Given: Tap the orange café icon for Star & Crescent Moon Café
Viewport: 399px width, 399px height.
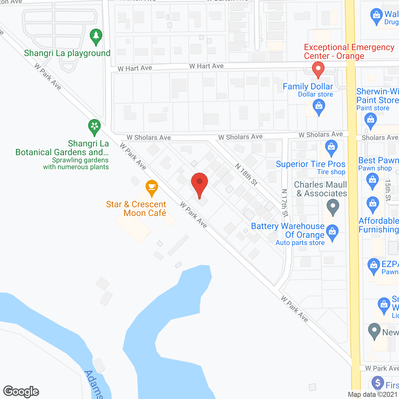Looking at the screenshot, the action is point(152,188).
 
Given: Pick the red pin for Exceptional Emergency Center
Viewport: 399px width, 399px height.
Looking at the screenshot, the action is point(318,69).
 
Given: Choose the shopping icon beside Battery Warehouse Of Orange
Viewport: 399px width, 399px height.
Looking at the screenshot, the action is point(333,232).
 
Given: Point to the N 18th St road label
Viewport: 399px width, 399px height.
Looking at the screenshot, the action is point(246,175).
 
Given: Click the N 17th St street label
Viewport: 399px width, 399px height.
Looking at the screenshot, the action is point(285,203).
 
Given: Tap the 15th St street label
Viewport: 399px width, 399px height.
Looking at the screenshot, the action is point(388,190).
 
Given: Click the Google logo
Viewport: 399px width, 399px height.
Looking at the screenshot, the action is point(21,392).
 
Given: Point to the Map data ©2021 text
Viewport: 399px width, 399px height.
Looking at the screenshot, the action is point(373,394).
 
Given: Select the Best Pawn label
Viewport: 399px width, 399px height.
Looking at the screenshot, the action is point(378,160).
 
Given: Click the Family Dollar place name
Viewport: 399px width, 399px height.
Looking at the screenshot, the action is point(308,86).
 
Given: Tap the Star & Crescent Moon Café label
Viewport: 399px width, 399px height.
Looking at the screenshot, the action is point(136,209).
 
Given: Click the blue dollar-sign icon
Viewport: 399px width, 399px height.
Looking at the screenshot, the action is point(378,383).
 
